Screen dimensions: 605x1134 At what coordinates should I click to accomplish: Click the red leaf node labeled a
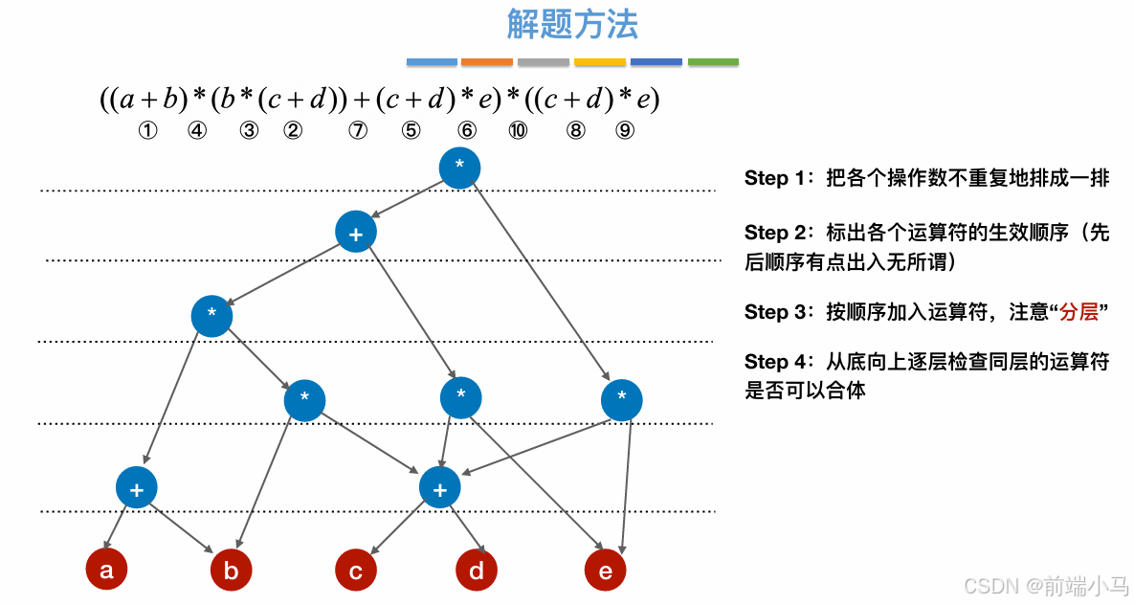106,571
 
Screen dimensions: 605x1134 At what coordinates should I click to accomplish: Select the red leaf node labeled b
231,571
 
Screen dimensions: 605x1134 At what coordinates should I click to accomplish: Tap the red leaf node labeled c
355,571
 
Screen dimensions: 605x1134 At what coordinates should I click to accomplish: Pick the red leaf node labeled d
477,571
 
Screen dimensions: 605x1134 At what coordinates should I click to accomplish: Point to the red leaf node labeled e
605,571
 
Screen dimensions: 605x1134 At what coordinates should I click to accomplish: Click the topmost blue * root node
459,168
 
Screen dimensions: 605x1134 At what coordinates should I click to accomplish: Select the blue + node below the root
356,232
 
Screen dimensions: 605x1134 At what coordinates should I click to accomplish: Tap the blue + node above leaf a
137,487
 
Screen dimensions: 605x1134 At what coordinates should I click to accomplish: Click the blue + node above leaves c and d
440,487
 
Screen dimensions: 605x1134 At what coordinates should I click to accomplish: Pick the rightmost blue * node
622,399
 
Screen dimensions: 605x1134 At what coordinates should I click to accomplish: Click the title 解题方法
572,25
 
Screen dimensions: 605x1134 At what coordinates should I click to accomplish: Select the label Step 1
767,179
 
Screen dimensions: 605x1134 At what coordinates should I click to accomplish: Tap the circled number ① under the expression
147,131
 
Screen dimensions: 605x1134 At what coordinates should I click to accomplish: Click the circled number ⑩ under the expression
518,131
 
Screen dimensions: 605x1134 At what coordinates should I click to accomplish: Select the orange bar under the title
487,62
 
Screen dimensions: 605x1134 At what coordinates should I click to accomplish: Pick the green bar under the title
713,62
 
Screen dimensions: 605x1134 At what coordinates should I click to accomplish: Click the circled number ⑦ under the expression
358,131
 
